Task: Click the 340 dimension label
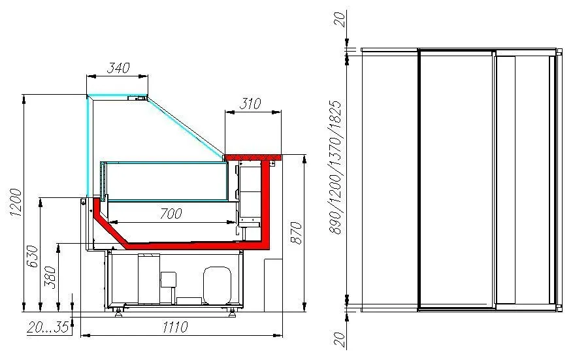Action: tap(118, 67)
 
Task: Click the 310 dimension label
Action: tap(250, 103)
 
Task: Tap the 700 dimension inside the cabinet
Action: tap(171, 214)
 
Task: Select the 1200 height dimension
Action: tap(16, 203)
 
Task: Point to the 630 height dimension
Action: tap(33, 256)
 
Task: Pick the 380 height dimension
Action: tap(50, 278)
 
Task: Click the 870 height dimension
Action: tap(296, 233)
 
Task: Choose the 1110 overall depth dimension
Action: tap(175, 327)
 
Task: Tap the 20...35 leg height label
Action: tap(48, 327)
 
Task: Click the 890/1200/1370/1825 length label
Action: tap(335, 167)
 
